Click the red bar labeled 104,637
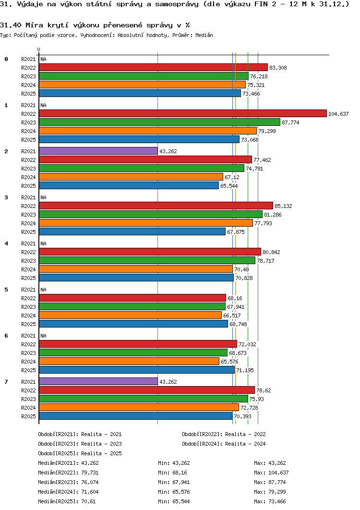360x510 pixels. pyautogui.click(x=183, y=113)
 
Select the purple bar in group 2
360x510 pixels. pyautogui.click(x=98, y=151)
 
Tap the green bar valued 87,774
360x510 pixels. pyautogui.click(x=159, y=122)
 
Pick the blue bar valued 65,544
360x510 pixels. pyautogui.click(x=129, y=185)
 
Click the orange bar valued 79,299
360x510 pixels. pyautogui.click(x=148, y=131)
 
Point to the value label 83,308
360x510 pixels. pyautogui.click(x=278, y=68)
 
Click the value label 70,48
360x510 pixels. pyautogui.click(x=241, y=269)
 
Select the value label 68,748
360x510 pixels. pyautogui.click(x=239, y=324)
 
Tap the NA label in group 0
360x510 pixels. pyautogui.click(x=44, y=59)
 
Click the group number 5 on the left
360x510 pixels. pyautogui.click(x=6, y=290)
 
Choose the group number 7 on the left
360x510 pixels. pyautogui.click(x=6, y=381)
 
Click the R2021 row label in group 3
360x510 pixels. pyautogui.click(x=29, y=197)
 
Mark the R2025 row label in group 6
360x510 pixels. pyautogui.click(x=29, y=370)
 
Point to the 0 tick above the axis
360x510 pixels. pyautogui.click(x=39, y=49)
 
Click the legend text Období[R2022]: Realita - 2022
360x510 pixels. pyautogui.click(x=224, y=434)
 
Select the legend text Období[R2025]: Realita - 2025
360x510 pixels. pyautogui.click(x=80, y=453)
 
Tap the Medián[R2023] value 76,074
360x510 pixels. pyautogui.click(x=90, y=482)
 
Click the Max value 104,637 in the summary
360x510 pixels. pyautogui.click(x=278, y=473)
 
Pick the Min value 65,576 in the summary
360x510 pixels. pyautogui.click(x=181, y=492)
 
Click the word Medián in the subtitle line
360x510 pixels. pyautogui.click(x=204, y=35)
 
